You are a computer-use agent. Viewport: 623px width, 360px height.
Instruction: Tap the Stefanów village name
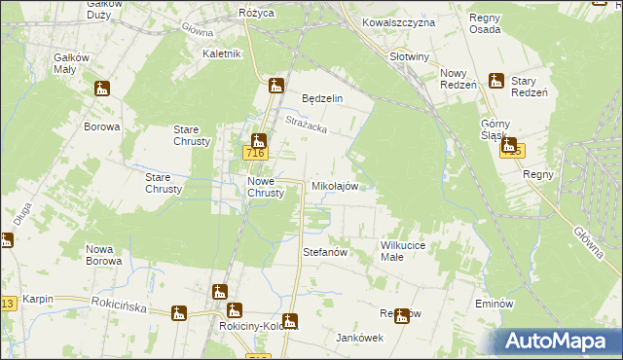coord(326,252)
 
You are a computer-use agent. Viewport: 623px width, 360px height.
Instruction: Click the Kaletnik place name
coord(221,54)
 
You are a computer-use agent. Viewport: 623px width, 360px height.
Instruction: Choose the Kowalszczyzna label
coord(395,20)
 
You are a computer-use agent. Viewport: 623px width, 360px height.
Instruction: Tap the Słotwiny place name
coord(409,56)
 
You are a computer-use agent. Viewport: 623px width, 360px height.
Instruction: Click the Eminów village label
coord(494,304)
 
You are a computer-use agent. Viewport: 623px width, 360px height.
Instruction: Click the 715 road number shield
coord(513,151)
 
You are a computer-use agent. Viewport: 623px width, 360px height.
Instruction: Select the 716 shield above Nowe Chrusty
coord(255,154)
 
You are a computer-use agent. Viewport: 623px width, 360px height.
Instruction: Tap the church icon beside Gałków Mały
coord(102,90)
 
